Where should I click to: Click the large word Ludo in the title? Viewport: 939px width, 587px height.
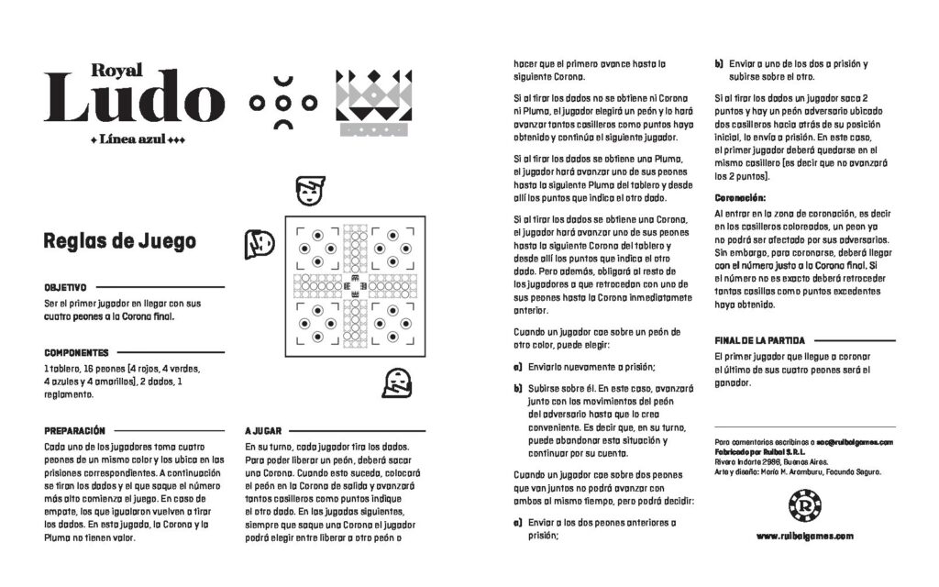[134, 96]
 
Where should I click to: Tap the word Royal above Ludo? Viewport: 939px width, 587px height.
[116, 70]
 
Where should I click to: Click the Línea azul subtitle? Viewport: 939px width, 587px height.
[137, 139]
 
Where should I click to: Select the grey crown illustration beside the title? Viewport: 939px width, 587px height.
[374, 103]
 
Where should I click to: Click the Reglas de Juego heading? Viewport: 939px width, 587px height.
[120, 241]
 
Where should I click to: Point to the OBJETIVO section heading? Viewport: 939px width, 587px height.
[65, 287]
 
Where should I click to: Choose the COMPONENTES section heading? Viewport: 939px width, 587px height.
[77, 353]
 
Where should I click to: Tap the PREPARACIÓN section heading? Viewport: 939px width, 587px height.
[75, 431]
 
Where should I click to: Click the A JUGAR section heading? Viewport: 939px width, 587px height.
[263, 431]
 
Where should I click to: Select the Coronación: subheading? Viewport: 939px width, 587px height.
[740, 198]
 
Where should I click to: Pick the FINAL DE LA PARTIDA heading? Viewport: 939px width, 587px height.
[759, 340]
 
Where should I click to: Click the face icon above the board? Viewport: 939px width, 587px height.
[310, 191]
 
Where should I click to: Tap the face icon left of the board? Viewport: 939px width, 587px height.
[260, 244]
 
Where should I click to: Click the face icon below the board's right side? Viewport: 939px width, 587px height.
[397, 382]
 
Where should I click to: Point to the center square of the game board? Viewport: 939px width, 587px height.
[355, 286]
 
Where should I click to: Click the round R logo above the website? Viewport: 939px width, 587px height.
[804, 505]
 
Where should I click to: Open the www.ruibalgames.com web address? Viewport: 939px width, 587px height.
[805, 536]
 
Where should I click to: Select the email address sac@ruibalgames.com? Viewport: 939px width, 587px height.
[855, 442]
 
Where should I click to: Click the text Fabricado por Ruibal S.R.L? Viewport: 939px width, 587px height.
[760, 451]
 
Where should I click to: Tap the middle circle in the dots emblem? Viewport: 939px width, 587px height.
[283, 103]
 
